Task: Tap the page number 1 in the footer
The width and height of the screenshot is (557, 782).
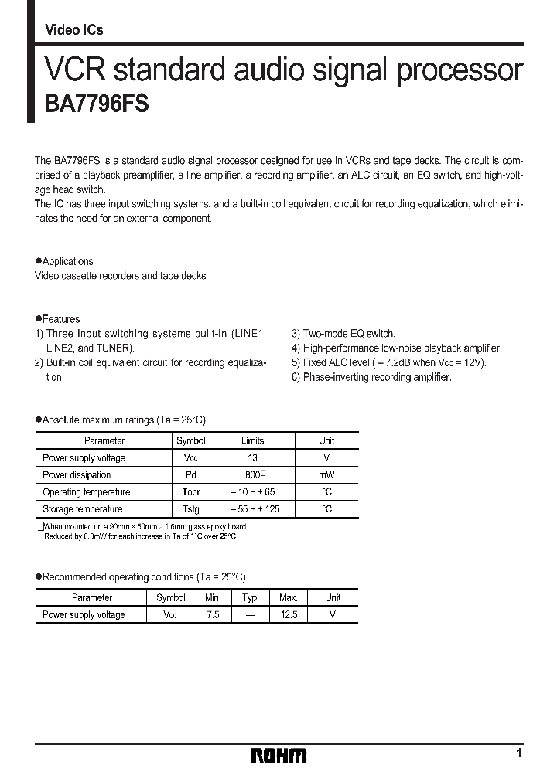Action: click(519, 753)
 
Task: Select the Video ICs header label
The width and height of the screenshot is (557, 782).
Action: click(74, 30)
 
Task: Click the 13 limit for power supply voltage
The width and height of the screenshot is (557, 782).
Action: click(252, 458)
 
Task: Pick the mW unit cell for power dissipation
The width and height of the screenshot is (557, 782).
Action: click(326, 475)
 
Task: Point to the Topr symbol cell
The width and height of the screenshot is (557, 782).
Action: click(191, 492)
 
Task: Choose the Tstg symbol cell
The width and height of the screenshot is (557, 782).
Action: click(191, 509)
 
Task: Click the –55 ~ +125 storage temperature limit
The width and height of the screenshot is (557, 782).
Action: click(252, 509)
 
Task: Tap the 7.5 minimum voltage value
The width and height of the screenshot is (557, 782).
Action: click(214, 614)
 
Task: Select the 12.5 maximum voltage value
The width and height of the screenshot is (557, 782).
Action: click(288, 614)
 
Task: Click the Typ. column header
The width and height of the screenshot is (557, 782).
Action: click(250, 597)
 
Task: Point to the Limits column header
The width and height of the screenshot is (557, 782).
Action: click(252, 441)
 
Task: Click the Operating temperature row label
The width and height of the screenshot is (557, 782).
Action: click(86, 492)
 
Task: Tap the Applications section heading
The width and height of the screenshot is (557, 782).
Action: click(67, 261)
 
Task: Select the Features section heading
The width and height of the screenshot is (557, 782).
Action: click(60, 318)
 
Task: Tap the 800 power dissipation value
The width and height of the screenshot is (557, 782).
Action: click(250, 475)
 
